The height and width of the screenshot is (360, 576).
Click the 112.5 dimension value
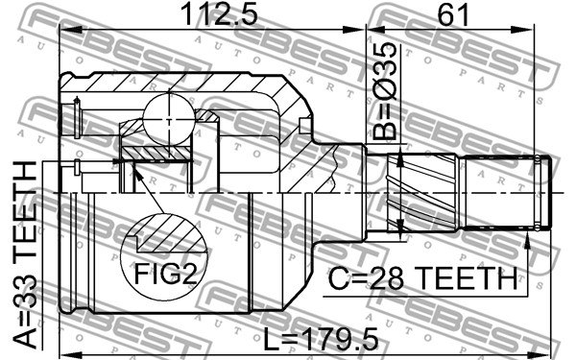point(219,14)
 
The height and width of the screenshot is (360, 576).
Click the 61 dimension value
point(453,14)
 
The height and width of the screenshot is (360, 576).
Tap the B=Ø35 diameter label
point(385,91)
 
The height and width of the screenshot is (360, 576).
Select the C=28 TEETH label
point(422,278)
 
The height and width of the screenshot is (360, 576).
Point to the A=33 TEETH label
point(25,254)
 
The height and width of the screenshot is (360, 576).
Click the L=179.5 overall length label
point(321,339)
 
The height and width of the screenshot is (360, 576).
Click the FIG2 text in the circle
point(166,274)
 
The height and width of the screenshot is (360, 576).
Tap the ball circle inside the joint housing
point(169,119)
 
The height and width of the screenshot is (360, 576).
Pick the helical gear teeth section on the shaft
point(422,193)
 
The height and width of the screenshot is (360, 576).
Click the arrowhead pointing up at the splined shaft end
point(527,241)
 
